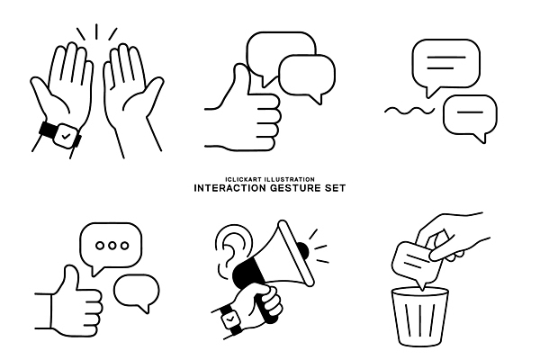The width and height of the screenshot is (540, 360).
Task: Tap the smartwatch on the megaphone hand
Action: point(230,319)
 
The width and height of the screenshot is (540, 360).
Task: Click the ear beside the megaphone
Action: point(231,248)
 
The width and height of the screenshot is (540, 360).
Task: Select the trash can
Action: point(420,316)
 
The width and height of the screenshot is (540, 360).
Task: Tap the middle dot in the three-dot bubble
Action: point(112,246)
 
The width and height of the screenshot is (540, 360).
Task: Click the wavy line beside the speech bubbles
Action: point(409,111)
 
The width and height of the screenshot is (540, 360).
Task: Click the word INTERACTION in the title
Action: point(229,188)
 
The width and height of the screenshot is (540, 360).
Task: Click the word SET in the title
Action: point(335,188)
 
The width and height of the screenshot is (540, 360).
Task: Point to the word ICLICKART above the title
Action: point(244,179)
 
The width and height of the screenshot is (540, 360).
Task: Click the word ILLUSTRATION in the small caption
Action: point(289,179)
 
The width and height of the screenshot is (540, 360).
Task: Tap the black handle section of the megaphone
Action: point(248,273)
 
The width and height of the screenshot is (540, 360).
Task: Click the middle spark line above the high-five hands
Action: point(96,31)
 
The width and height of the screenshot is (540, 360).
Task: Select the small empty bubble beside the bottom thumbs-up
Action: point(137,292)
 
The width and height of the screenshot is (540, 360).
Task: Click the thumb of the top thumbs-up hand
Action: point(241,78)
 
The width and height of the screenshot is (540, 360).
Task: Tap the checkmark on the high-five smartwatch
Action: point(66,137)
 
